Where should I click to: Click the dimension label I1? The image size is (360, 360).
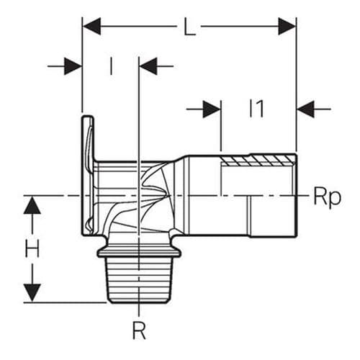pos(257,109)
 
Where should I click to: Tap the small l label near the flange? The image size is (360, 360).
pos(111,66)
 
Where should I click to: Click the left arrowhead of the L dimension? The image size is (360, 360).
pos(92,27)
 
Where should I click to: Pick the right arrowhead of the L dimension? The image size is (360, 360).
pos(287,27)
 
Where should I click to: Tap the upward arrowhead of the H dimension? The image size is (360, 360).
pos(32,206)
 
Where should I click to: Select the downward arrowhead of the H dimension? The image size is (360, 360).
pos(32,292)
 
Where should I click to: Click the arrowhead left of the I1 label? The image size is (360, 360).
pos(212,109)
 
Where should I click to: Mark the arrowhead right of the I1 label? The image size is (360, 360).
pos(305,109)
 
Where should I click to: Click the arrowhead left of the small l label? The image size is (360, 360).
pos(73,67)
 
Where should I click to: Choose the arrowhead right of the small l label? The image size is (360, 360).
pos(147,67)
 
